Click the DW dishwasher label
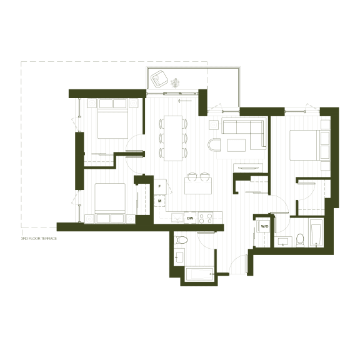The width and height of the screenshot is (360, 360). (190, 218)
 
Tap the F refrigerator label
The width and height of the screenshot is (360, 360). (159, 186)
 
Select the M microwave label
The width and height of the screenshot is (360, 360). (159, 201)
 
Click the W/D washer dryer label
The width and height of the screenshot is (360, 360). (264, 226)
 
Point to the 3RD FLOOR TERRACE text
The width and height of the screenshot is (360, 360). (39, 239)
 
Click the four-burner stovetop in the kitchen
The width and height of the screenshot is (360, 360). (206, 218)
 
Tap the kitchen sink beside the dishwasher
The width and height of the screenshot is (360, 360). (177, 218)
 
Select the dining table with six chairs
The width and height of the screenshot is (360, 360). (173, 138)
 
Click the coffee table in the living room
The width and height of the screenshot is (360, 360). (236, 146)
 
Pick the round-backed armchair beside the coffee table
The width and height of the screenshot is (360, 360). (214, 144)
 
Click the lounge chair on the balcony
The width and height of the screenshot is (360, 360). (159, 79)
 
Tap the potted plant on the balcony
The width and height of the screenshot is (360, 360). (176, 83)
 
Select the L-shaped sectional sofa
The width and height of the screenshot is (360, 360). (244, 134)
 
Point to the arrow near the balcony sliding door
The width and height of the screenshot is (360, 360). (185, 101)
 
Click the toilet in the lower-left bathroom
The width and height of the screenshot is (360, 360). (181, 240)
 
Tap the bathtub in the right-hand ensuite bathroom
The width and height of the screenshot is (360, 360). (317, 232)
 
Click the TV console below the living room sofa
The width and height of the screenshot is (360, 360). (248, 168)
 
